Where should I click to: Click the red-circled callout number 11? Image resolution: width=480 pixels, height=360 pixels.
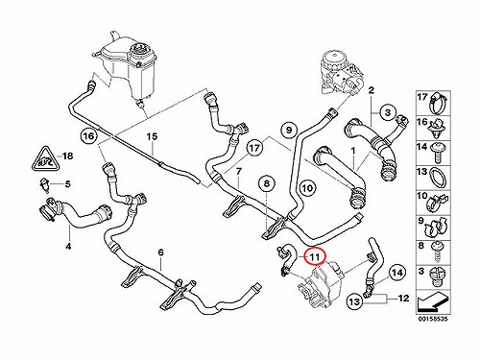pos(315,256)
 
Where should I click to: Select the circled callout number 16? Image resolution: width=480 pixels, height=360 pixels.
pos(88,136)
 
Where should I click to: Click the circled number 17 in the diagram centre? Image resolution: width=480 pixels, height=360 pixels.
pos(254,148)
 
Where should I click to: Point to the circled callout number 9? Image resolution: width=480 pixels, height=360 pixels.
pos(289,130)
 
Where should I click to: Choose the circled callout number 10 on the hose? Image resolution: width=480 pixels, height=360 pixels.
pos(307,187)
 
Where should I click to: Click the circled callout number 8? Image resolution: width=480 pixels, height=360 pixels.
pos(267,183)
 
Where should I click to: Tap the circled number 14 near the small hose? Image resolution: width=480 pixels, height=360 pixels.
pos(397,273)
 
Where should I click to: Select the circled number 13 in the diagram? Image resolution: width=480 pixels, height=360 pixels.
pos(355,301)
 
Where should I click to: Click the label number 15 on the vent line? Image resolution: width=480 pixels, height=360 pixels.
pos(152,137)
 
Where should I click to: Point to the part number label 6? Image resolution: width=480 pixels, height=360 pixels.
pos(160,252)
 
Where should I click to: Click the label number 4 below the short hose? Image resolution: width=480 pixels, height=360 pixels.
pos(68,247)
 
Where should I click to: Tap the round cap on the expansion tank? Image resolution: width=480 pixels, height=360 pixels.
pos(140,54)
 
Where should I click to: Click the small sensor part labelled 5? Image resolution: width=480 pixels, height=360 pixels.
pos(45,185)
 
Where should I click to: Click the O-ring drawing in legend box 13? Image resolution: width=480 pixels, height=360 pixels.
pos(438,178)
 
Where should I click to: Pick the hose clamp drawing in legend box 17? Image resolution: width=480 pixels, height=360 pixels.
pos(437,103)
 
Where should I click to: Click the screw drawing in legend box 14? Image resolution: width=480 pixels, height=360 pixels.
pos(438,153)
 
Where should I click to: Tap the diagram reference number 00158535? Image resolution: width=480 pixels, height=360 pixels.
pos(433,319)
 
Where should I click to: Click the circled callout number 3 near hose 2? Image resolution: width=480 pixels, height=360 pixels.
pos(388,112)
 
